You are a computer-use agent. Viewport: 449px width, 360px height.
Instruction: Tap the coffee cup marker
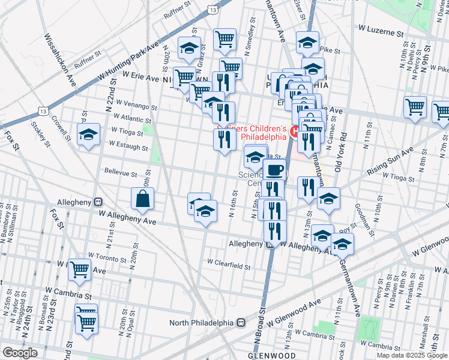[x=275, y=170]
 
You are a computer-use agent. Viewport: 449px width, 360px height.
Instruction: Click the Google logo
[x=20, y=353]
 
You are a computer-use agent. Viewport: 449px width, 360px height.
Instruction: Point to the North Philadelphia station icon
[x=241, y=322]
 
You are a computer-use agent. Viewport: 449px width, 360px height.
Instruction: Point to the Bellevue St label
[x=121, y=173]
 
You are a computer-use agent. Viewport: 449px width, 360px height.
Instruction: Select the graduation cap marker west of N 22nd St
[x=88, y=135]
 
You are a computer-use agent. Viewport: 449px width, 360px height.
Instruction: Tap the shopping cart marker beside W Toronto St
[x=79, y=271]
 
